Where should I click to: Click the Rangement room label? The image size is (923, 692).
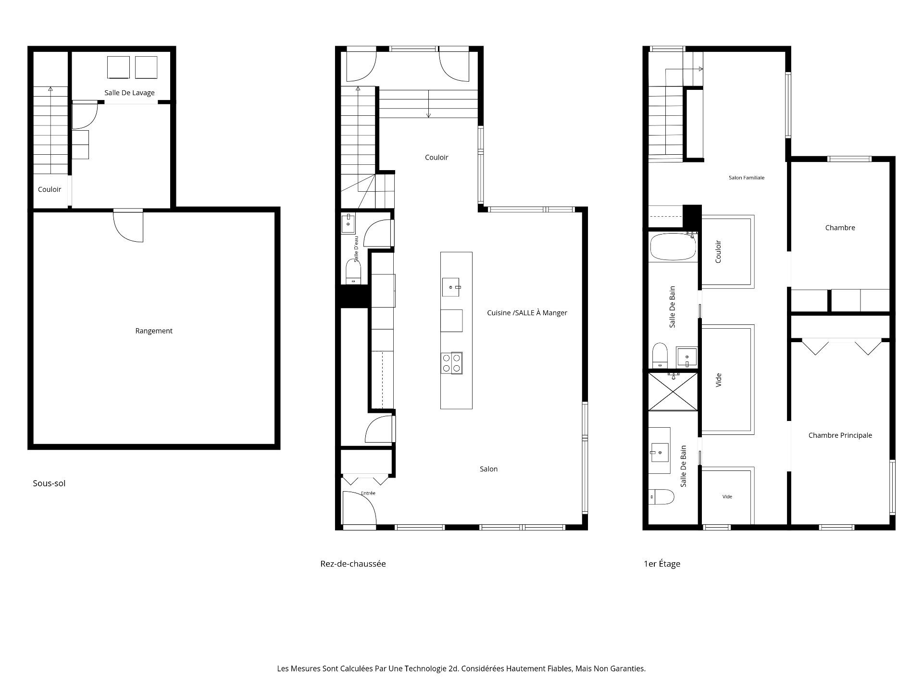pyautogui.click(x=154, y=331)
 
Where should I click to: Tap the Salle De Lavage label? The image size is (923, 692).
pyautogui.click(x=130, y=93)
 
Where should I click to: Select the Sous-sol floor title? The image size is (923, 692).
pyautogui.click(x=49, y=483)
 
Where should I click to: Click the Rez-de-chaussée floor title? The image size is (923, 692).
pyautogui.click(x=353, y=564)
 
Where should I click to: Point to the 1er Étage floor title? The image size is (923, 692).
pyautogui.click(x=662, y=564)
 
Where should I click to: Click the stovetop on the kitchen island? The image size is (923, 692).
pyautogui.click(x=451, y=363)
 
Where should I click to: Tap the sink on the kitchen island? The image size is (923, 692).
pyautogui.click(x=451, y=287)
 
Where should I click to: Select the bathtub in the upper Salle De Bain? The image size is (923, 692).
pyautogui.click(x=673, y=247)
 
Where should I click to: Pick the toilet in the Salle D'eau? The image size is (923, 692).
pyautogui.click(x=353, y=272)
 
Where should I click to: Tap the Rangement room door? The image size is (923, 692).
pyautogui.click(x=128, y=226)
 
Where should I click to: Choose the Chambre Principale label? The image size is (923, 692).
pyautogui.click(x=840, y=435)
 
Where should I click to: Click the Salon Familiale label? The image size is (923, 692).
pyautogui.click(x=746, y=178)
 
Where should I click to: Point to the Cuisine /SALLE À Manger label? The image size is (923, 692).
pyautogui.click(x=527, y=313)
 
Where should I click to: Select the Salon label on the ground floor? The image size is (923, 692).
pyautogui.click(x=488, y=469)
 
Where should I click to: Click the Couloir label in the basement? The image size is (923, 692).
pyautogui.click(x=50, y=189)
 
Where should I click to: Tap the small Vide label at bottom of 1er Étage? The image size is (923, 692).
pyautogui.click(x=727, y=497)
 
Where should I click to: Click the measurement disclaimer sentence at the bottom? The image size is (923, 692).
pyautogui.click(x=461, y=668)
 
